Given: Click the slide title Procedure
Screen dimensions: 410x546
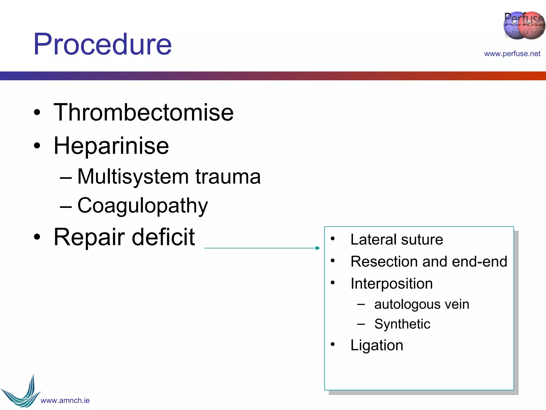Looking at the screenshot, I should point(102,44).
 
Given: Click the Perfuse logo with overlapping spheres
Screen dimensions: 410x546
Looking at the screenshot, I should point(524,25).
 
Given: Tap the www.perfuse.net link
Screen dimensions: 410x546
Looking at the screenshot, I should point(512,54).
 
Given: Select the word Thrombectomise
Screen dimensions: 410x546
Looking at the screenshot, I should point(143,112).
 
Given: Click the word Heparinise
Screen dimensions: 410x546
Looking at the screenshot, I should point(111,146).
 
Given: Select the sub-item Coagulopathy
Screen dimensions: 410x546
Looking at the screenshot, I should point(142,206).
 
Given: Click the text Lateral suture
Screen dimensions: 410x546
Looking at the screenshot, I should point(396,239).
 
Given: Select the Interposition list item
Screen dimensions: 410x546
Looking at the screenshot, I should point(391,283).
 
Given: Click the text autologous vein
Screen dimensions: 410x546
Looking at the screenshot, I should point(421,304).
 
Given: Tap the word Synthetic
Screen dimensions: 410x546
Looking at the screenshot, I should point(402,324).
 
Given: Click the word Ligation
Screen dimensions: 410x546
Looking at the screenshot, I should point(376,345).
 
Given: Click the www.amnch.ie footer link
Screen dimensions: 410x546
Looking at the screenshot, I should point(65,400).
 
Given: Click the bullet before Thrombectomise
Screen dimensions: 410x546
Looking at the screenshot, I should point(37,113).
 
